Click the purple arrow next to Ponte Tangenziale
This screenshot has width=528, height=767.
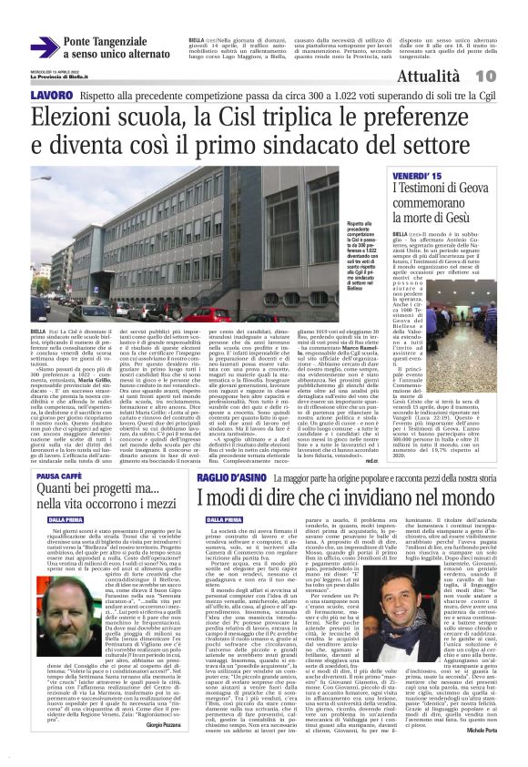[44, 46]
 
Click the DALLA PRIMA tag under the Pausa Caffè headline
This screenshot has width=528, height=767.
[54, 519]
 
